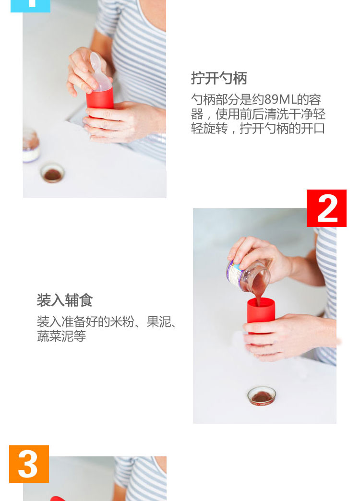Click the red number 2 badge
326,208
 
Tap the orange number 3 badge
29,464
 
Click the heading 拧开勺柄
219,78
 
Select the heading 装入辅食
65,300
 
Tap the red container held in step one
99,100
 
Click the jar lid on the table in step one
52,173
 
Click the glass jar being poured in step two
248,275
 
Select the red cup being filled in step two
261,315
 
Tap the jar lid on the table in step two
262,396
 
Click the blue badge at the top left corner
30,6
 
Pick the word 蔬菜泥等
61,336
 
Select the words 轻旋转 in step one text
209,129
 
